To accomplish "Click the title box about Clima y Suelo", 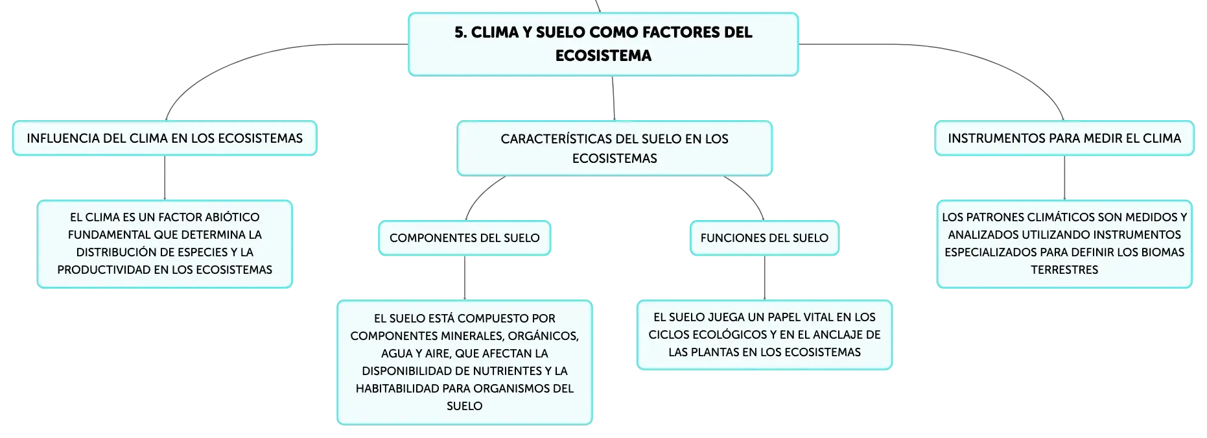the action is click(603, 44).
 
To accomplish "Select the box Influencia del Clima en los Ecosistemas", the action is click(165, 138).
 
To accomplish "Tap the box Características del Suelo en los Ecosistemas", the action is click(615, 148).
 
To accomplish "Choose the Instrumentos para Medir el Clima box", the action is click(1064, 138).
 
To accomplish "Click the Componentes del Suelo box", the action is click(465, 238).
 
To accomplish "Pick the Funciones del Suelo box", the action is click(764, 238).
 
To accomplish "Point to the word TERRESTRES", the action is click(1064, 270).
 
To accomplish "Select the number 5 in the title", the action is click(460, 32).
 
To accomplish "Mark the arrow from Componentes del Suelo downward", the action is click(465, 278).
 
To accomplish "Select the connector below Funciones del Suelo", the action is click(765, 278).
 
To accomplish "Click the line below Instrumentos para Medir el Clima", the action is click(1064, 178).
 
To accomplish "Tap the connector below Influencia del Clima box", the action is click(165, 178).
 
